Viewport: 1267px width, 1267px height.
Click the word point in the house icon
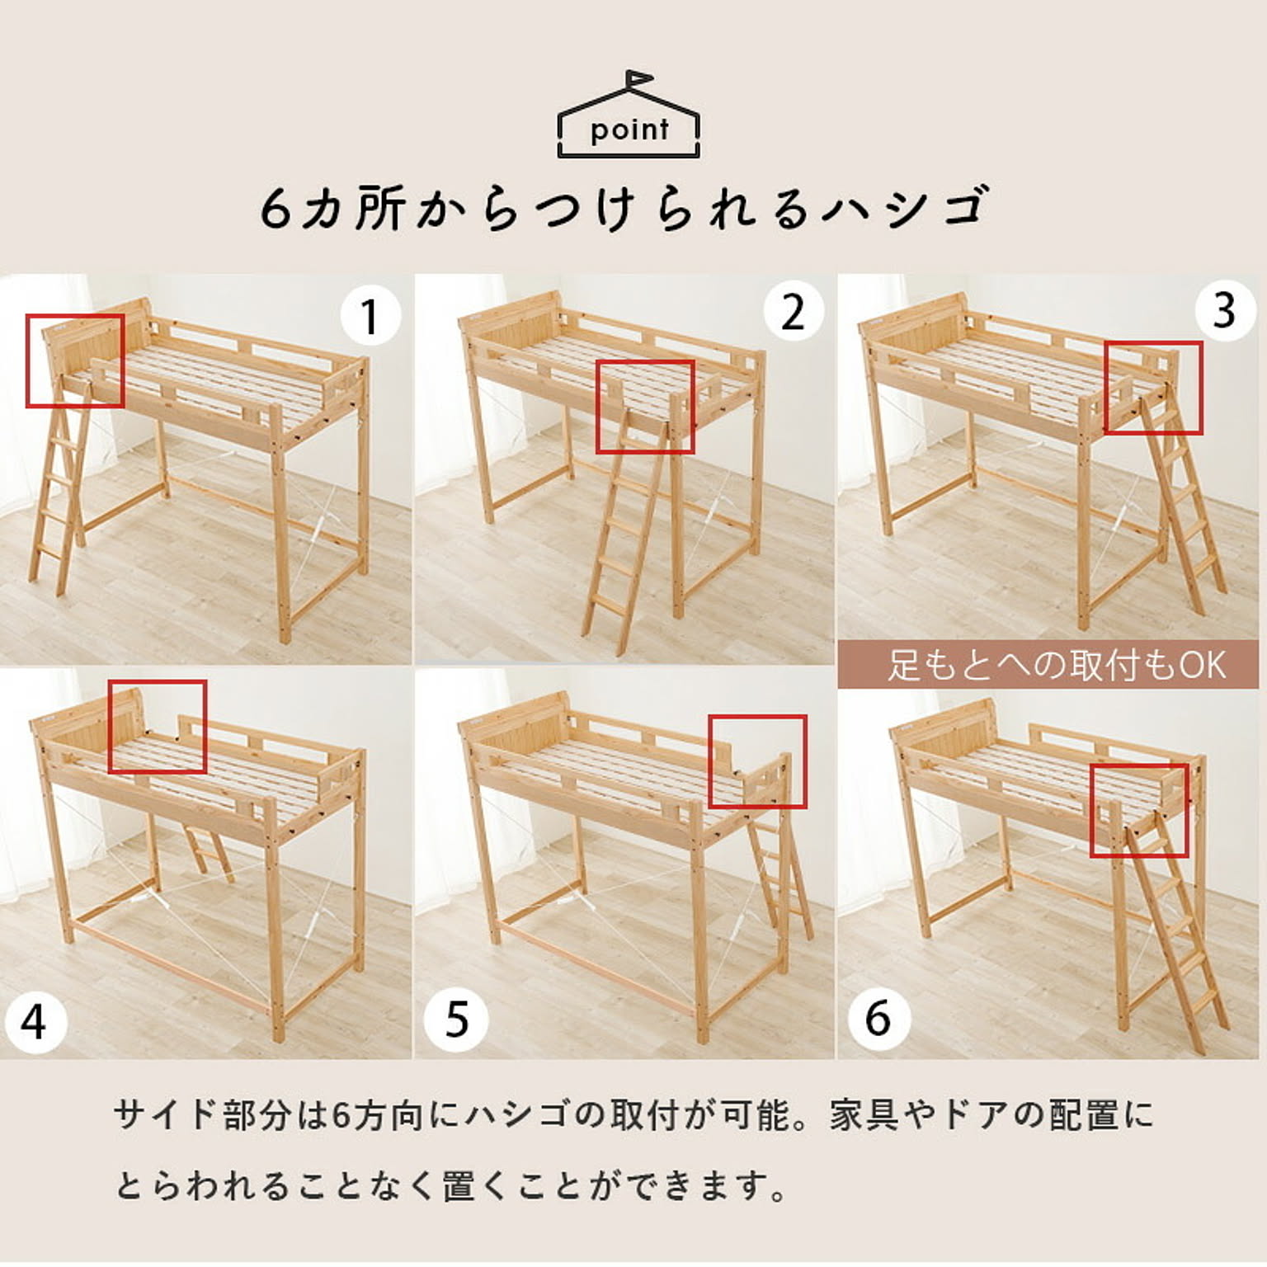click(629, 130)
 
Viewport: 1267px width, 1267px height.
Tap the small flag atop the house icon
click(638, 79)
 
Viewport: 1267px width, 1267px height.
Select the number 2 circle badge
click(793, 313)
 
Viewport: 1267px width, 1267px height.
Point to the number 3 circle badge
click(1224, 310)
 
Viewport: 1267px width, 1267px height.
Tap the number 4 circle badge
click(33, 1023)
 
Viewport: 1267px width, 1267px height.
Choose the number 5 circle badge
click(456, 1019)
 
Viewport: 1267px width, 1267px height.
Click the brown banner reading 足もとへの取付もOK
click(1048, 665)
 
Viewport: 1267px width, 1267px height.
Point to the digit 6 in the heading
click(276, 209)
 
